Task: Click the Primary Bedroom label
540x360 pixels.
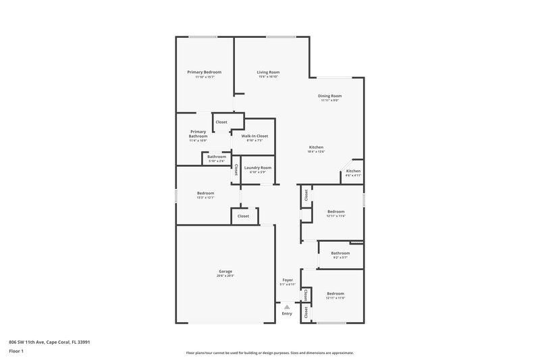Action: pos(204,72)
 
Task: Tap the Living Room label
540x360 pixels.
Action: pos(268,72)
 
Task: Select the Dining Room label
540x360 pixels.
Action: pos(330,96)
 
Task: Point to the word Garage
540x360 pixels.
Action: pos(225,272)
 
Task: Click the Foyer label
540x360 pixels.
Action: pos(288,280)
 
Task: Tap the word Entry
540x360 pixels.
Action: pos(287,313)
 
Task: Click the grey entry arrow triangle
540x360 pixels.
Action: pos(287,307)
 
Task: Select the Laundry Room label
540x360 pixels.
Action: pos(258,168)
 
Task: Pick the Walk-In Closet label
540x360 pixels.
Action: pos(254,136)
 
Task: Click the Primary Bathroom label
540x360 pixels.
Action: pos(198,134)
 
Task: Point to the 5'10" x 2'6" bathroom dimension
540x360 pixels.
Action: pos(217,161)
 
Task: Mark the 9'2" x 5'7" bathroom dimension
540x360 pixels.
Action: pos(340,257)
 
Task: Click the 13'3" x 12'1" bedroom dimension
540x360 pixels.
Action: pos(205,198)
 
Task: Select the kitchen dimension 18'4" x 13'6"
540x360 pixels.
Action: pos(316,152)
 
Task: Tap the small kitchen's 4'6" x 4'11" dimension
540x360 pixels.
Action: pos(353,176)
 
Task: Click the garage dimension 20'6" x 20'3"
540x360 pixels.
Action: pos(225,276)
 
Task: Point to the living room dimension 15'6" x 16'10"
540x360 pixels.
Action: pos(268,77)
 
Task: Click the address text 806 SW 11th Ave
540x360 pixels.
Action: pos(49,342)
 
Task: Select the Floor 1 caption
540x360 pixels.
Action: pos(16,351)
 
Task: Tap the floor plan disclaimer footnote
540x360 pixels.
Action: pos(269,353)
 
